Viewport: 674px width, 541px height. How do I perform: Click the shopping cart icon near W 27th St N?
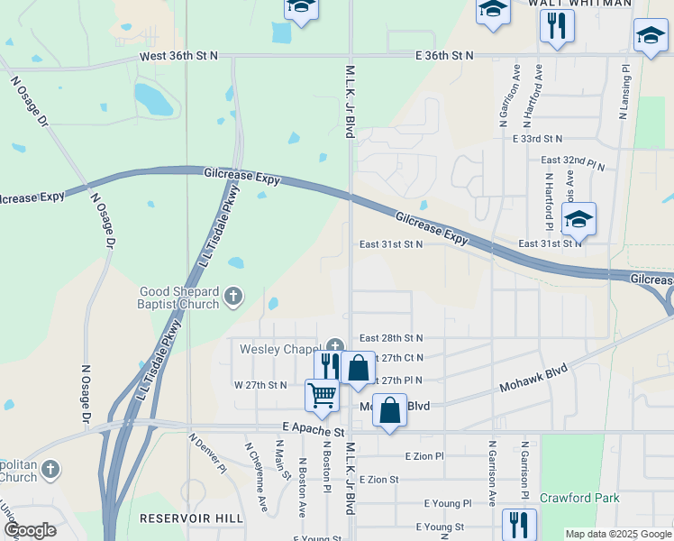tap(322, 394)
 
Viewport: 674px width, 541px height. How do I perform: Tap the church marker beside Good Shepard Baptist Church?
tap(232, 295)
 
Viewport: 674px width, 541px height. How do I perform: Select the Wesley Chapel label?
tap(280, 348)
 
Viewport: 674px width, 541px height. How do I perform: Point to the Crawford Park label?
tap(578, 498)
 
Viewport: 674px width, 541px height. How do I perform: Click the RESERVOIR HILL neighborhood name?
tap(191, 518)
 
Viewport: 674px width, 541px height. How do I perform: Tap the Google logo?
tap(29, 530)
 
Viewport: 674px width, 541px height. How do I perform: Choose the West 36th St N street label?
tap(178, 56)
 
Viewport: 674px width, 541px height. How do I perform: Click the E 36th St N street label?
tap(444, 56)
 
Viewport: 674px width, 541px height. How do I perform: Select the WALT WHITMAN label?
tap(579, 4)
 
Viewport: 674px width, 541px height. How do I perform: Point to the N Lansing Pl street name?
tap(624, 91)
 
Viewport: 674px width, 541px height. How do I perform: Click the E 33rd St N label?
tap(537, 139)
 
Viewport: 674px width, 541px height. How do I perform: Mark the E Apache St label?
tap(313, 432)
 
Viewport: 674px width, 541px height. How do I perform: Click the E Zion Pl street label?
tap(425, 456)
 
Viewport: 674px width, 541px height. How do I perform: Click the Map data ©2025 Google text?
tap(617, 534)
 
